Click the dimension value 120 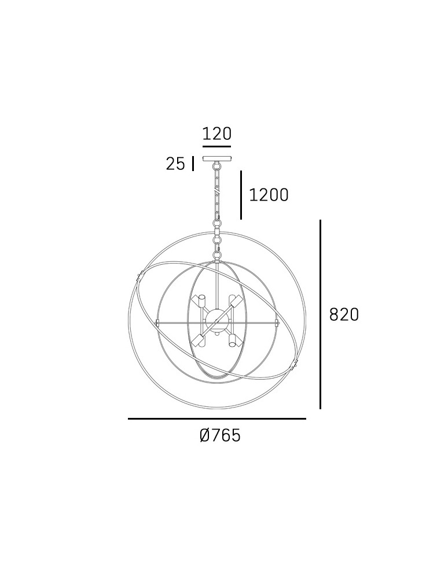click(x=217, y=134)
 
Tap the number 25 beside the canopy click(x=175, y=164)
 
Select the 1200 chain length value click(x=269, y=195)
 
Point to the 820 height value click(x=344, y=315)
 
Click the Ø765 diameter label click(x=220, y=435)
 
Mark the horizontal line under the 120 click(x=217, y=146)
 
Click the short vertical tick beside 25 click(x=193, y=164)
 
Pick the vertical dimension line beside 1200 click(x=241, y=195)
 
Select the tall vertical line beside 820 click(x=320, y=314)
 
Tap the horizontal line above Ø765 click(x=217, y=418)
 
